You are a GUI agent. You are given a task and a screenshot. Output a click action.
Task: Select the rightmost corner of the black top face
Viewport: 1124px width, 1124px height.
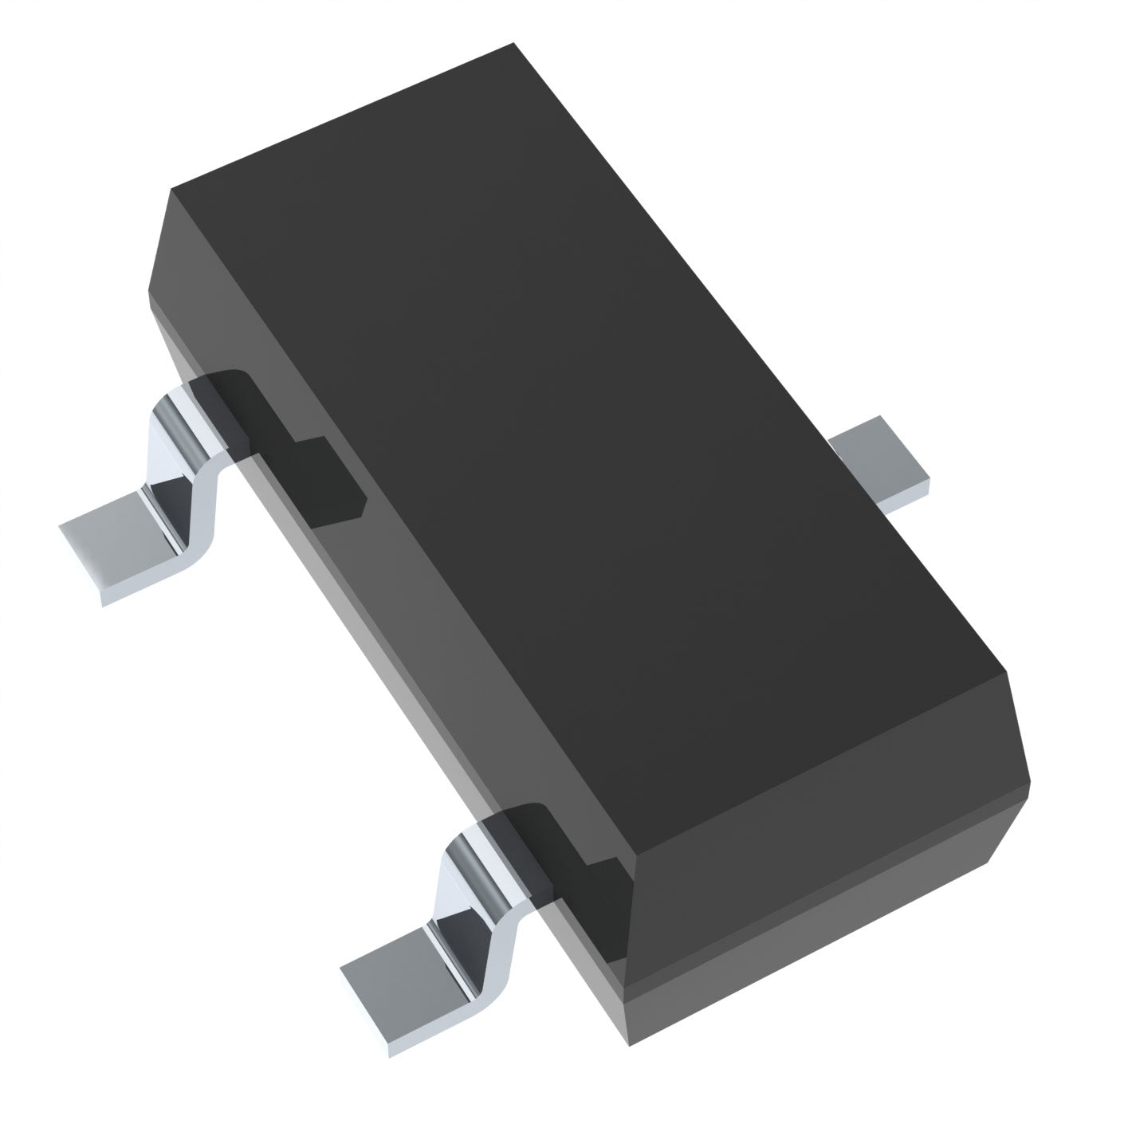click(x=1006, y=671)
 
